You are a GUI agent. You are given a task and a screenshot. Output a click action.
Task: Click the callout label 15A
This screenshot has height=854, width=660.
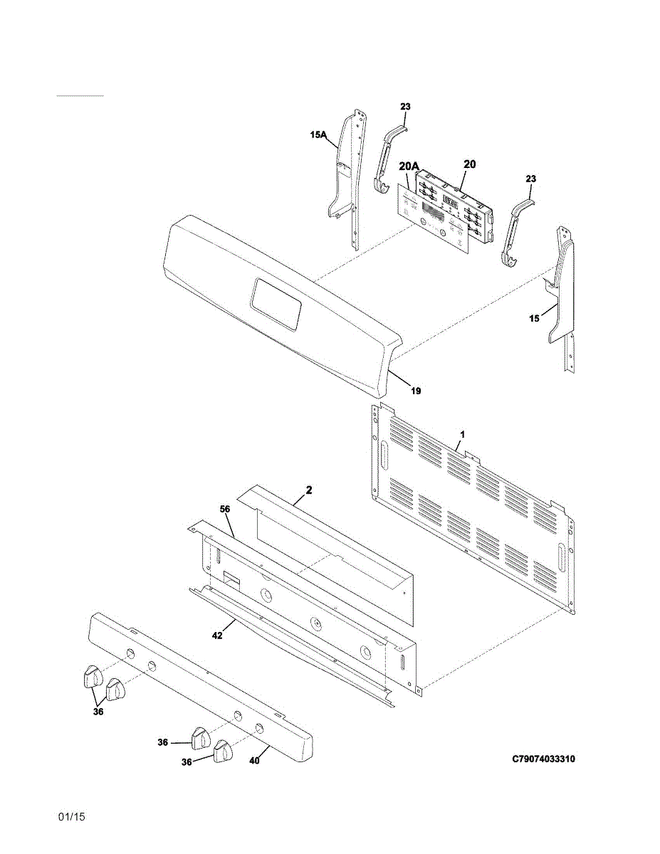tap(318, 134)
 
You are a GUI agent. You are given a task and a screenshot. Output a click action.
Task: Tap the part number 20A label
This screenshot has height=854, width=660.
tap(409, 167)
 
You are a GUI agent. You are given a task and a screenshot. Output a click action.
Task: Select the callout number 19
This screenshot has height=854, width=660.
tap(416, 391)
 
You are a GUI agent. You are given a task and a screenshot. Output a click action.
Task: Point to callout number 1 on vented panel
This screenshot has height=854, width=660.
tap(462, 433)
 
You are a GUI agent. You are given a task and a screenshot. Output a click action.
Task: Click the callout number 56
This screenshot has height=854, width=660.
tap(224, 510)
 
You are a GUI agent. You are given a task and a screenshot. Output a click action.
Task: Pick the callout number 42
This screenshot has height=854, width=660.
tap(217, 636)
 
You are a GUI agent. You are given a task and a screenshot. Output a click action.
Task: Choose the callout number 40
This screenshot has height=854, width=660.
tap(254, 760)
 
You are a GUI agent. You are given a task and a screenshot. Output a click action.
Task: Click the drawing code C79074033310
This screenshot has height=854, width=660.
tap(544, 759)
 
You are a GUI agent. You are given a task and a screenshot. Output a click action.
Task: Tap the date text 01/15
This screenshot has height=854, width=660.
tap(72, 817)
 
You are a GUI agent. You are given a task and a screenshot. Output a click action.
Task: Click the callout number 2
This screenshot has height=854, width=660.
tap(309, 490)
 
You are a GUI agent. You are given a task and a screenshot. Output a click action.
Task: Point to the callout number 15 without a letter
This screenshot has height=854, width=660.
tap(534, 319)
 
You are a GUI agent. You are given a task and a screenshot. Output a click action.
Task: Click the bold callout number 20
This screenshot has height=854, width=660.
tap(469, 164)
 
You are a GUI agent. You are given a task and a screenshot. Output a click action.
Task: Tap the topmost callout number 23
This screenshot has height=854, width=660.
tap(405, 107)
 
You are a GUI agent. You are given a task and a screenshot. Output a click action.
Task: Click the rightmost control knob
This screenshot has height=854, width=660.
tap(224, 751)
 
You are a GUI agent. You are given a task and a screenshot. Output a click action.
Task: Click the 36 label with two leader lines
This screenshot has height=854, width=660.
tap(98, 712)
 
